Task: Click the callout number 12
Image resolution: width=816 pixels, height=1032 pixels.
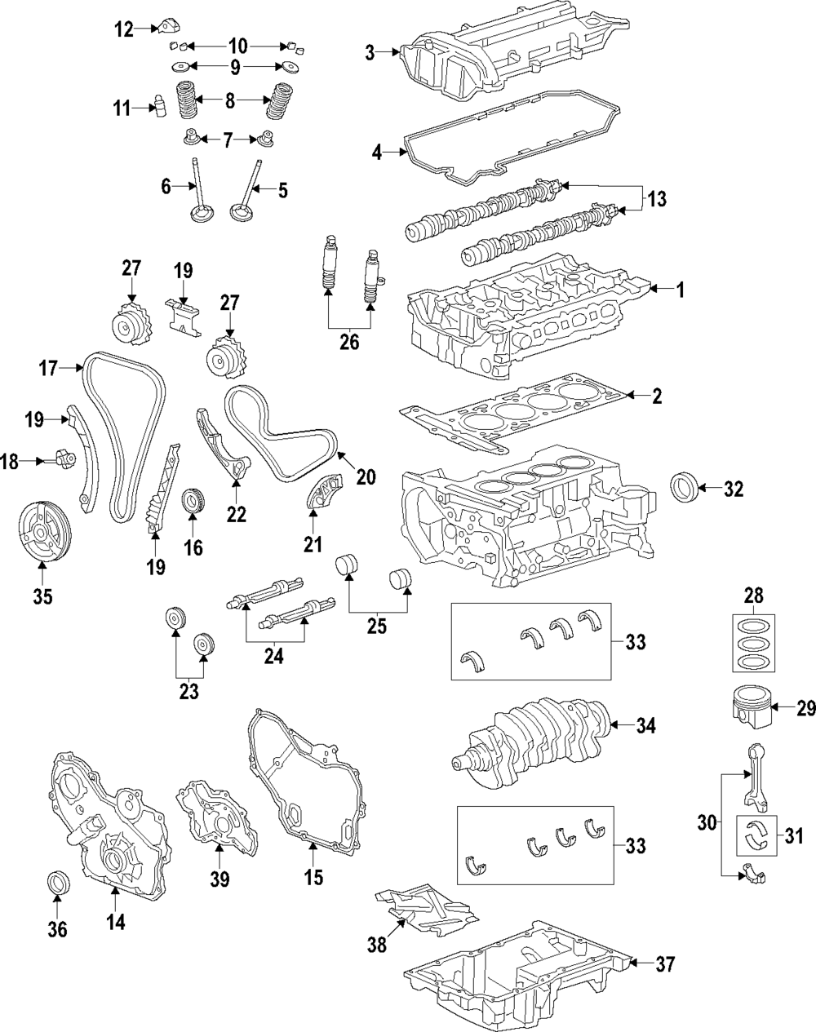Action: pos(123,30)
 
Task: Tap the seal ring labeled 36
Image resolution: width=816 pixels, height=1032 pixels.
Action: pos(58,884)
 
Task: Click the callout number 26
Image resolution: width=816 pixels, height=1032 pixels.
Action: pos(348,342)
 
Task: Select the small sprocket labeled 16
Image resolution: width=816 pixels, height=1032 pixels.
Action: pos(193,500)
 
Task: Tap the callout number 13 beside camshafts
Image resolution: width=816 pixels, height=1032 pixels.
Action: pos(657,198)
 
